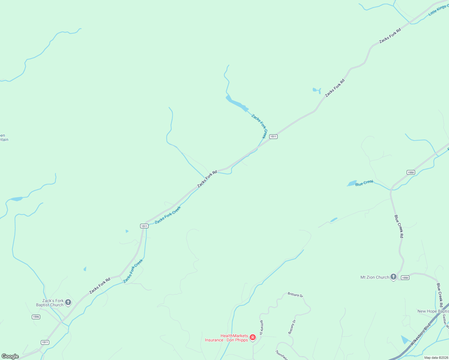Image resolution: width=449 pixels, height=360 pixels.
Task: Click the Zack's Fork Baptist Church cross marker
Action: click(x=68, y=302)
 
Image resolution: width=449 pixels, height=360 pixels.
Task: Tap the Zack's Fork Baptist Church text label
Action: click(x=50, y=303)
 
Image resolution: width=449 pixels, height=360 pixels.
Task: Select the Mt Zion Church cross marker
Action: click(x=393, y=277)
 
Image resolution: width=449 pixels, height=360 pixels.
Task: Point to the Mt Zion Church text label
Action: click(x=375, y=277)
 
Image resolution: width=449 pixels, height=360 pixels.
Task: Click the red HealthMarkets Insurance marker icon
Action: click(x=253, y=337)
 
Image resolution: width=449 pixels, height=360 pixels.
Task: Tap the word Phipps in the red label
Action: click(x=241, y=340)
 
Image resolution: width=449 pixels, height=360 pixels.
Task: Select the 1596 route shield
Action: click(x=36, y=317)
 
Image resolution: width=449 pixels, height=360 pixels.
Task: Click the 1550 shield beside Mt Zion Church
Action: click(x=405, y=278)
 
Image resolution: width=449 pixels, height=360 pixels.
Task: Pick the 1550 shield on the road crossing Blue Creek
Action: click(x=411, y=172)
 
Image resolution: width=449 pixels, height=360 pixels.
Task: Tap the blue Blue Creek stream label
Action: click(x=364, y=183)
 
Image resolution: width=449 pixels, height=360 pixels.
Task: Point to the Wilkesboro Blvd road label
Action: click(x=420, y=334)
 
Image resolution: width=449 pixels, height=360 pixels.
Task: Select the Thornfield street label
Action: click(x=282, y=355)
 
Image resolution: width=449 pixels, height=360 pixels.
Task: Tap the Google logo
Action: click(x=10, y=356)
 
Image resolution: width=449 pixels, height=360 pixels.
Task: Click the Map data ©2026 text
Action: click(x=436, y=358)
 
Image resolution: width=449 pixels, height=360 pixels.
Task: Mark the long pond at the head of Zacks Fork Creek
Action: click(x=237, y=102)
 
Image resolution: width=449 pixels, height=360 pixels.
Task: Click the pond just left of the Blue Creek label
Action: click(x=351, y=183)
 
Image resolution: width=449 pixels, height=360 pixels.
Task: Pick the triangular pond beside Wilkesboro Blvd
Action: click(x=405, y=340)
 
